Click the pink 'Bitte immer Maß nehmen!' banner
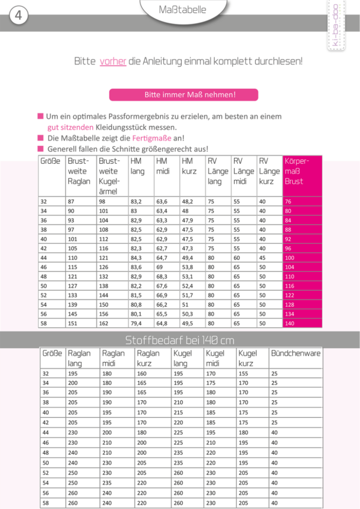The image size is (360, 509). point(184,95)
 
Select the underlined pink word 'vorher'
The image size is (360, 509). point(113,61)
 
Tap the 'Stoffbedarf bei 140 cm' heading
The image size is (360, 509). point(180,340)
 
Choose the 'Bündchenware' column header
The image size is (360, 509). point(296,354)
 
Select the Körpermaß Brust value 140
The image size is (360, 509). point(290,324)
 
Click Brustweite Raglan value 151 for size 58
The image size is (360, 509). point(73,324)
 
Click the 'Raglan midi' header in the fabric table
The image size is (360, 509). point(114,358)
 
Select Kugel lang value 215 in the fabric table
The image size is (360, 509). point(178,413)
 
